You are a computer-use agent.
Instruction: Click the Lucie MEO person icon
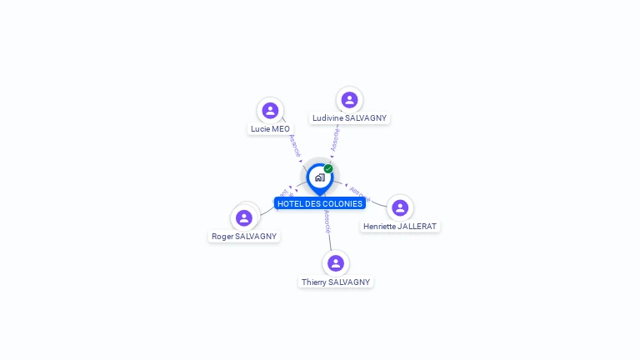coord(270,110)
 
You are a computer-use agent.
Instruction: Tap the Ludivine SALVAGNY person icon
coord(349,100)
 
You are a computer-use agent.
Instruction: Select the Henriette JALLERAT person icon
coord(400,207)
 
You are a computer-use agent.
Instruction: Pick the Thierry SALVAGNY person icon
coord(336,263)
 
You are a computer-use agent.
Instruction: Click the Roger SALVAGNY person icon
coord(244,218)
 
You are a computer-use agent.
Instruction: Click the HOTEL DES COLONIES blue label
coord(320,203)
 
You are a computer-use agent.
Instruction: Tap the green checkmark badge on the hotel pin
coord(328,168)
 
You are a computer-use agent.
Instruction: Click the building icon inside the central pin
coord(319,177)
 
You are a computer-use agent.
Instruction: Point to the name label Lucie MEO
coord(270,129)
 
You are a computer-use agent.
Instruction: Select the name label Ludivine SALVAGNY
coord(349,118)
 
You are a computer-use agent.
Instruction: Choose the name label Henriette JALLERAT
coord(400,226)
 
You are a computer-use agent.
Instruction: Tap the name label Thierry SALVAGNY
coord(336,282)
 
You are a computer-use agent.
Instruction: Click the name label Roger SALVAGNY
coord(244,237)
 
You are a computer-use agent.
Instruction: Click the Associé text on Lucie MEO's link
coord(294,146)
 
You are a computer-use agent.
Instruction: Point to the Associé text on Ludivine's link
coord(335,139)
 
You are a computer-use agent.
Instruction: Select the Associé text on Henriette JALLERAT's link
coord(359,193)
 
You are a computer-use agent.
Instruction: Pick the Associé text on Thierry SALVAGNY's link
coord(327,220)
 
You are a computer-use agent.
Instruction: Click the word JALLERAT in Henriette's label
coord(417,226)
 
